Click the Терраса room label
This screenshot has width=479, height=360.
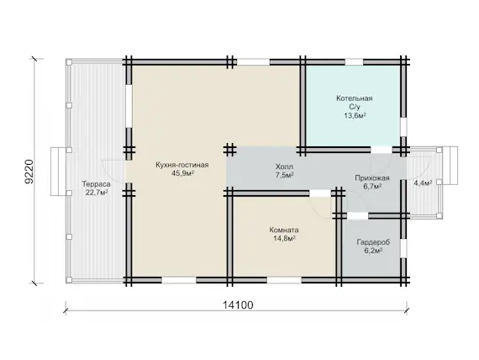(x=97, y=184)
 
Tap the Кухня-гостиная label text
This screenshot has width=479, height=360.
(x=182, y=165)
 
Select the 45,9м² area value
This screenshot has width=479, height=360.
(x=183, y=174)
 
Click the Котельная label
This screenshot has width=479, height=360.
(x=355, y=98)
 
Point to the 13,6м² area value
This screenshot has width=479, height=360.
(x=355, y=115)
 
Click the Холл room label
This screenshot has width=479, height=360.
(x=284, y=167)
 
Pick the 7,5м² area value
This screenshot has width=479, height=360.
(x=284, y=175)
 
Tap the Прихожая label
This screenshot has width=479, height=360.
(x=372, y=178)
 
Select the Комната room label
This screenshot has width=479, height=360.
(x=284, y=230)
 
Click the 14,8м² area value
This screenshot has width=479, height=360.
(x=284, y=239)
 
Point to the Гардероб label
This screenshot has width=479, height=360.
(x=373, y=242)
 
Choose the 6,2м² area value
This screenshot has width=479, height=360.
(x=373, y=251)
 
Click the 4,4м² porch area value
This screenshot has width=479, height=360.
(x=423, y=183)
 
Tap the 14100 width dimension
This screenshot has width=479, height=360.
(x=238, y=305)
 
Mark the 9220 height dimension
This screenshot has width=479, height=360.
(x=29, y=172)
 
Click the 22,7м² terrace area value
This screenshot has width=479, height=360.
(x=97, y=193)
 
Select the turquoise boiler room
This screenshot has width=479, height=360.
(x=354, y=106)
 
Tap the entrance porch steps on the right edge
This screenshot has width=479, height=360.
(x=450, y=166)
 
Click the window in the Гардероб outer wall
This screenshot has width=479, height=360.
(x=404, y=248)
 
